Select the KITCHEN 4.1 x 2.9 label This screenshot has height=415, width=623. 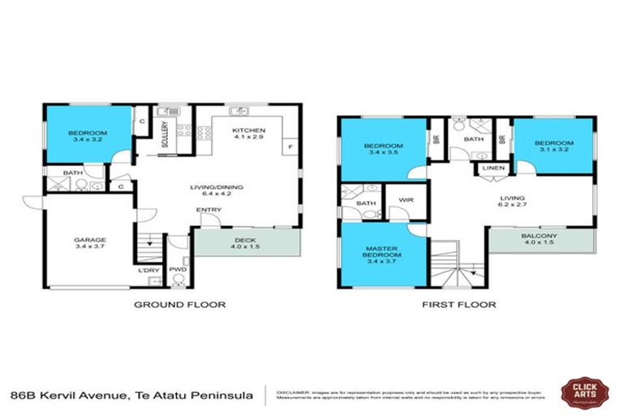(x=248, y=135)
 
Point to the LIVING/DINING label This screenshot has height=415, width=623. (x=217, y=191)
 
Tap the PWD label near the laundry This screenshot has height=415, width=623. (x=178, y=269)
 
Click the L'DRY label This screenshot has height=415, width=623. (x=148, y=269)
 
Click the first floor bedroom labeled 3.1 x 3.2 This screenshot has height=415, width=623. (x=552, y=147)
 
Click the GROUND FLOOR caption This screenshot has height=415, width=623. (x=179, y=305)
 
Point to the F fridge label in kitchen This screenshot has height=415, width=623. (x=286, y=148)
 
